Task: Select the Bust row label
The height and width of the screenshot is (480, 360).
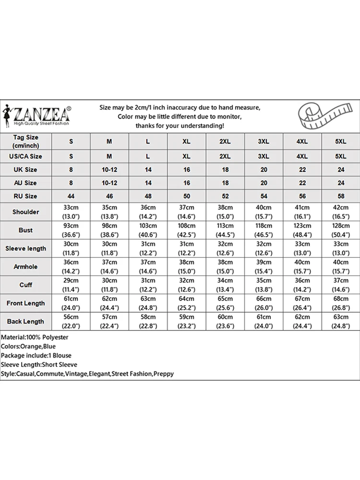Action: click(x=26, y=230)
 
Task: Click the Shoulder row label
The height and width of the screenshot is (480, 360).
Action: click(x=26, y=212)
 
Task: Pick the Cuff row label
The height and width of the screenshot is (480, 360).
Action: click(x=26, y=285)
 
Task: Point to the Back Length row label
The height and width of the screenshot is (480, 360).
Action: click(x=26, y=321)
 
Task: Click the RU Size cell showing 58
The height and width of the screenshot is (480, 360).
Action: click(x=340, y=196)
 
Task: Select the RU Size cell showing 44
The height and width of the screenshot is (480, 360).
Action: click(x=72, y=196)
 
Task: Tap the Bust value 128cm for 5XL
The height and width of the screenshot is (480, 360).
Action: click(x=340, y=226)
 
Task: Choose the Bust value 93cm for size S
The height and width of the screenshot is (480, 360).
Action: click(x=72, y=226)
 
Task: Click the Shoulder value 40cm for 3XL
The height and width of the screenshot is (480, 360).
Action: click(x=264, y=207)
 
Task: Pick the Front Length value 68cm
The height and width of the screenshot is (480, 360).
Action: click(x=340, y=299)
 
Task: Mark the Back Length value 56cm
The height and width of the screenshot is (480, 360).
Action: click(x=72, y=317)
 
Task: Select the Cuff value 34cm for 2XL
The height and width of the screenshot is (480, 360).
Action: click(x=225, y=280)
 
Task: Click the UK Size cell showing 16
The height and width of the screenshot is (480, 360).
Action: click(x=187, y=169)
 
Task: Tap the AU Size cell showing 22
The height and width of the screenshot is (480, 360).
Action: click(x=302, y=183)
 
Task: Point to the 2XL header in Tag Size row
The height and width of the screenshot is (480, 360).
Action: click(x=225, y=141)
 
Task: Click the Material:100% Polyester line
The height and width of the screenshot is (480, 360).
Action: click(x=35, y=337)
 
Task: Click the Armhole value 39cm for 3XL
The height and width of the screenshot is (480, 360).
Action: click(x=264, y=262)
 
